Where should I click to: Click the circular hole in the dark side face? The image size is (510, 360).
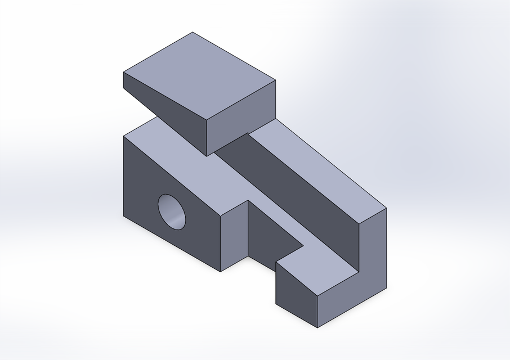pyautogui.click(x=172, y=211)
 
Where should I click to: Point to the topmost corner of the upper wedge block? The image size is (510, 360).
pyautogui.click(x=193, y=32)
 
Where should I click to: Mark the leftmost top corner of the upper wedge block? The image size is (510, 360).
pyautogui.click(x=123, y=73)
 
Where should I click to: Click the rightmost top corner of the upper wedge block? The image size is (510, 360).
pyautogui.click(x=275, y=80)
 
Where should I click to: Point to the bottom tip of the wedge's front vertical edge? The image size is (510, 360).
pyautogui.click(x=207, y=156)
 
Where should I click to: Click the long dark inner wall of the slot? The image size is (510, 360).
pyautogui.click(x=298, y=197)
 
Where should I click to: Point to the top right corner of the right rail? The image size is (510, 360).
pyautogui.click(x=386, y=208)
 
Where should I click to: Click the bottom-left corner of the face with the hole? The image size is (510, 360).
pyautogui.click(x=123, y=215)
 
